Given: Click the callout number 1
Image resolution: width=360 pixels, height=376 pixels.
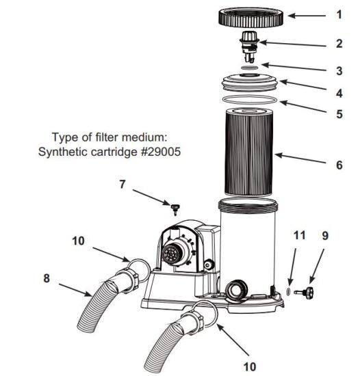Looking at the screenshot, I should point(338,14).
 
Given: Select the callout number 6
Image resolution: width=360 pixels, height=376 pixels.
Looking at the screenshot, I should point(339,165).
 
